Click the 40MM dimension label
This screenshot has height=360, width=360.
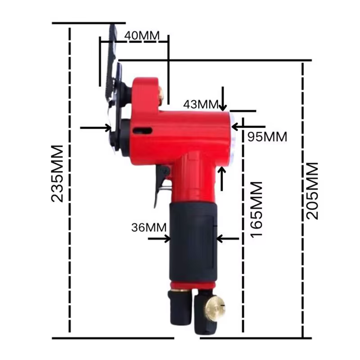pos(142,36)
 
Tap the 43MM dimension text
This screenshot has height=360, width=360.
pos(201,104)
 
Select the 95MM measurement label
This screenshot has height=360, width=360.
pos(267,137)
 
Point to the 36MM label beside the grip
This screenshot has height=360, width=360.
pos(149,228)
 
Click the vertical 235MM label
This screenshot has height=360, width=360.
pos(57,174)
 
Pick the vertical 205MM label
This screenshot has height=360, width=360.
pos(312,191)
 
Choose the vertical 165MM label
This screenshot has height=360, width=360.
pos(256,210)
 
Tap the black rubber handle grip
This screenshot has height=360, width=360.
pos(193,243)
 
